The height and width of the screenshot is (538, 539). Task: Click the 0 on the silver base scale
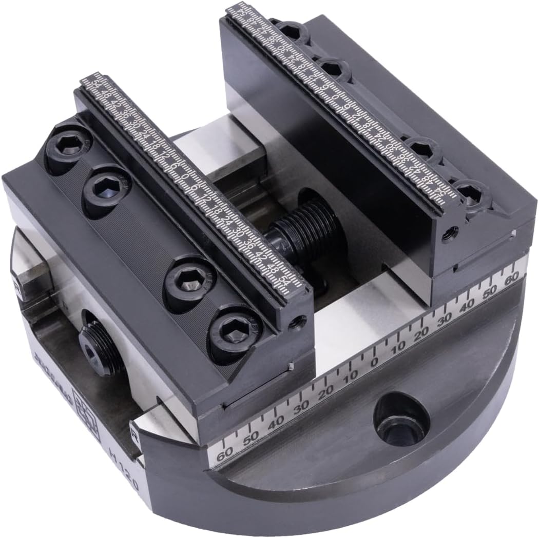374,362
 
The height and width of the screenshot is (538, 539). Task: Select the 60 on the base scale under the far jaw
511,280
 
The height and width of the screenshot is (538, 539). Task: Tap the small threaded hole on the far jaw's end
451,231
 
